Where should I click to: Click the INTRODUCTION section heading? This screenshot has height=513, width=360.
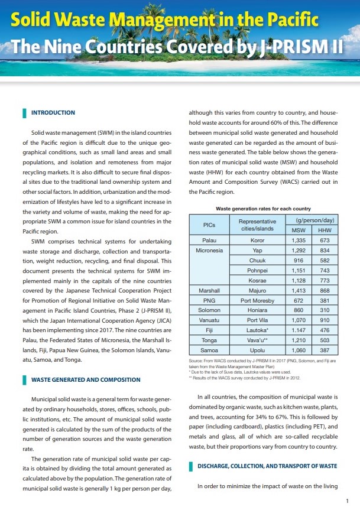click(x=53, y=112)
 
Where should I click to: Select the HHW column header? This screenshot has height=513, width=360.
click(x=324, y=230)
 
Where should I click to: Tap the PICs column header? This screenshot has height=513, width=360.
click(x=209, y=225)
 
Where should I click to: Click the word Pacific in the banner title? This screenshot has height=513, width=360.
click(x=288, y=22)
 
